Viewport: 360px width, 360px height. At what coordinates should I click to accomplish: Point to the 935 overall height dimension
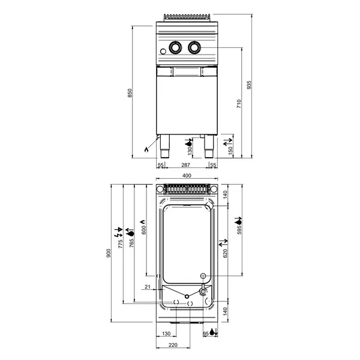click(249, 85)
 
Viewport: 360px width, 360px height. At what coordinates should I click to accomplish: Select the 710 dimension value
click(239, 103)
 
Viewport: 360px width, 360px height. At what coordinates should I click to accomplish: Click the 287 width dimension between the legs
click(185, 164)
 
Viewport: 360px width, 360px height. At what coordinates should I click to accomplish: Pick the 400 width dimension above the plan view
click(187, 175)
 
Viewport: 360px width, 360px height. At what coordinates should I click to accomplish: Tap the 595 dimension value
click(239, 230)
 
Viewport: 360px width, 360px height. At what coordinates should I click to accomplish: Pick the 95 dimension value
click(205, 333)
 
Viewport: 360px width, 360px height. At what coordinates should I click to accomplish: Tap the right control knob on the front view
click(195, 47)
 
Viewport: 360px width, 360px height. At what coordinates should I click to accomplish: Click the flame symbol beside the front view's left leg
click(148, 151)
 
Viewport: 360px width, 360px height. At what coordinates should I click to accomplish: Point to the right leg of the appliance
click(208, 145)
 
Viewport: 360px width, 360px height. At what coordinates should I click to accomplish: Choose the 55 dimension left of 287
click(161, 164)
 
